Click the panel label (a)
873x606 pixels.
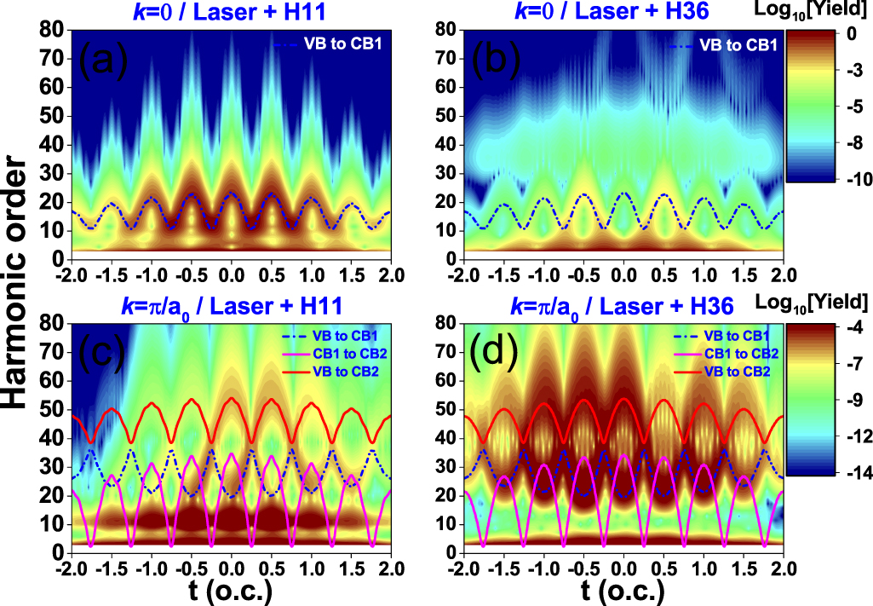click(x=103, y=61)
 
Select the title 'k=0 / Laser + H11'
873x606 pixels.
click(x=230, y=11)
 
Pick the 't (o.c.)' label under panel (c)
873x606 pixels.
click(x=231, y=590)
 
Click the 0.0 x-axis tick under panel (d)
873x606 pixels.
click(x=624, y=566)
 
